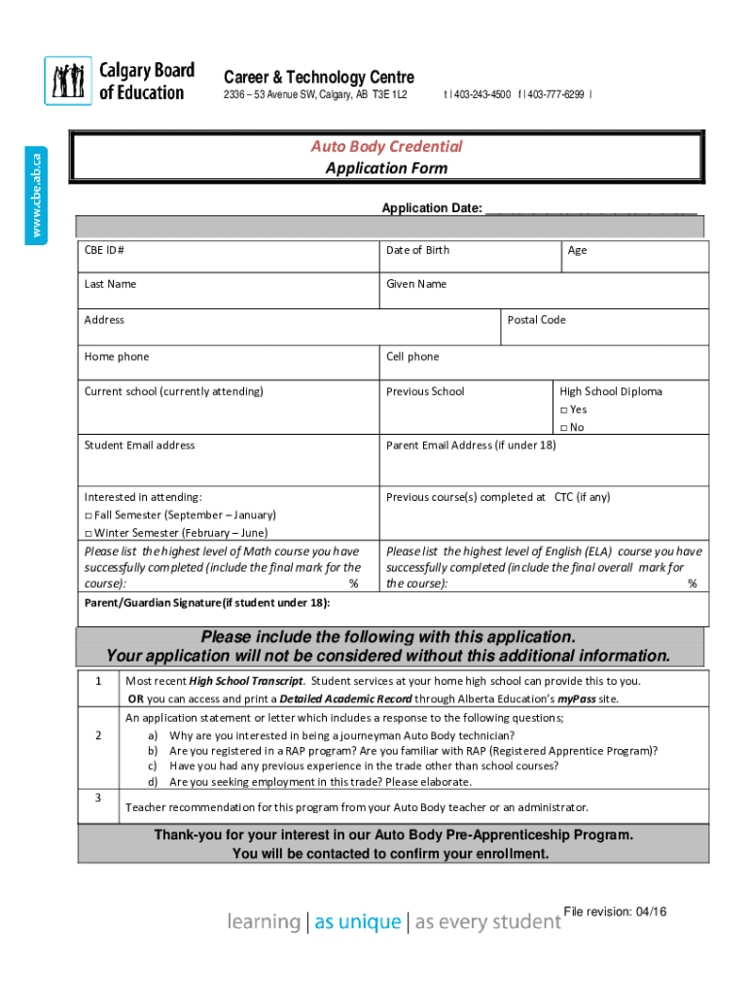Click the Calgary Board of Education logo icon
(68, 81)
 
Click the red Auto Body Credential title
(386, 146)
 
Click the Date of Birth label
(417, 250)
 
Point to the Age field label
(577, 250)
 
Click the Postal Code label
(536, 320)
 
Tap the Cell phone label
(412, 357)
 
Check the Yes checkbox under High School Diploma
(564, 410)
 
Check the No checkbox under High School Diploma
(564, 428)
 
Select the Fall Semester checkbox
(89, 515)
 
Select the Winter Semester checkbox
(89, 533)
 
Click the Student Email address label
(139, 445)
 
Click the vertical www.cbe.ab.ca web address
(36, 196)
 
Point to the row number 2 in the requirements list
(98, 735)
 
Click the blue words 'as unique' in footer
(357, 922)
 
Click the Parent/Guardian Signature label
(206, 602)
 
